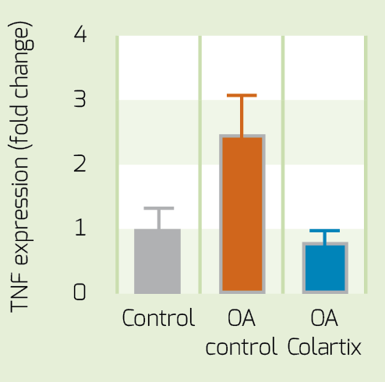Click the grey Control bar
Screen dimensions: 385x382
(x=157, y=261)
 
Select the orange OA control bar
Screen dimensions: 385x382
(x=242, y=214)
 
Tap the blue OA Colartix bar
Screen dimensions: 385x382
(x=325, y=268)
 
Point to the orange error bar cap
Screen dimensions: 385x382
(x=242, y=95)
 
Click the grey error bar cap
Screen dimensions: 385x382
(x=159, y=208)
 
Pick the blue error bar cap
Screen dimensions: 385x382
(x=325, y=231)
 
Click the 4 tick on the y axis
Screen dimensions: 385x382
(x=80, y=34)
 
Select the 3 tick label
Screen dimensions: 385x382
(x=80, y=98)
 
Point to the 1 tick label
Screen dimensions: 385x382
(x=80, y=228)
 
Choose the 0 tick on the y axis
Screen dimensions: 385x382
(x=79, y=292)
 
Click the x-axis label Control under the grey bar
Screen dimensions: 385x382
(x=158, y=317)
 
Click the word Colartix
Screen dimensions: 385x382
(x=324, y=346)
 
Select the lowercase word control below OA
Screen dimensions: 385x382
(x=242, y=346)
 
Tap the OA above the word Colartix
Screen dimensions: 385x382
(x=324, y=317)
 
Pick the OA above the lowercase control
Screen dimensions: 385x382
(x=242, y=317)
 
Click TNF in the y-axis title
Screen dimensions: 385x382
(x=19, y=294)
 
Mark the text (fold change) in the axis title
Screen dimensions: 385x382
(x=21, y=86)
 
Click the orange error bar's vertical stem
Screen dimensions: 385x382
(x=242, y=116)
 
